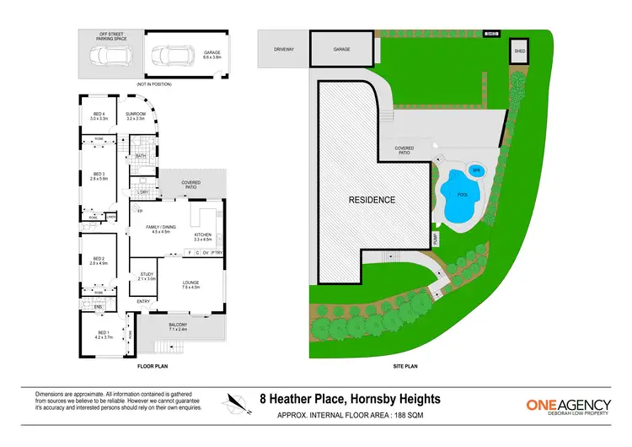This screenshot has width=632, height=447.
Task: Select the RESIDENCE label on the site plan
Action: click(372, 200)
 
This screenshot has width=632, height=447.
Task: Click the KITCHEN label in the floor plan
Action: click(204, 236)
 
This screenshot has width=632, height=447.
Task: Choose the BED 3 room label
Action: click(98, 176)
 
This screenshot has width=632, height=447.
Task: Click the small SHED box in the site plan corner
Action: click(519, 53)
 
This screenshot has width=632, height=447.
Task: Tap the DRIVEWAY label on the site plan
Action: click(283, 49)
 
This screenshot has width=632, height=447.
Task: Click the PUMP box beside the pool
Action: click(436, 240)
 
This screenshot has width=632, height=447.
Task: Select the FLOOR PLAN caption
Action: click(154, 368)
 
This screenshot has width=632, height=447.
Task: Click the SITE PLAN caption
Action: click(406, 368)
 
